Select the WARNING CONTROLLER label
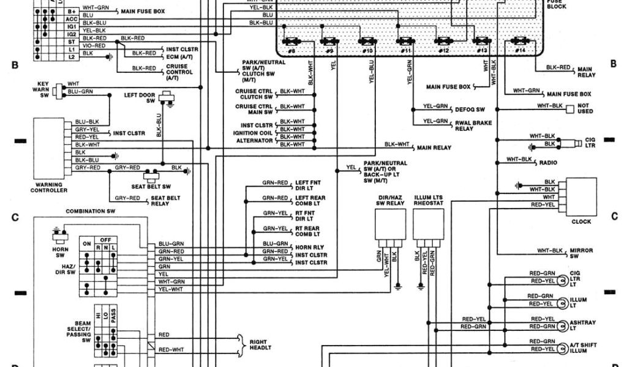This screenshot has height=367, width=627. click(49, 187)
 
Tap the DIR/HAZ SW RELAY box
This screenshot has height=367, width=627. click(389, 225)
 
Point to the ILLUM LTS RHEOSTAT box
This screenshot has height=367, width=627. click(429, 225)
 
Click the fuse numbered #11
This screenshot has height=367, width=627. click(405, 42)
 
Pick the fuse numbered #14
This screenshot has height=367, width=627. click(520, 42)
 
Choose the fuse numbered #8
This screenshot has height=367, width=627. click(291, 42)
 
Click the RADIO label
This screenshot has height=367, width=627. click(549, 163)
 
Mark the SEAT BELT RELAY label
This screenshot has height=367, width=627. click(165, 201)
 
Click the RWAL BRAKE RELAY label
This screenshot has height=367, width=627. click(469, 125)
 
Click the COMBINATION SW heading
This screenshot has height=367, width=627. click(91, 211)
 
